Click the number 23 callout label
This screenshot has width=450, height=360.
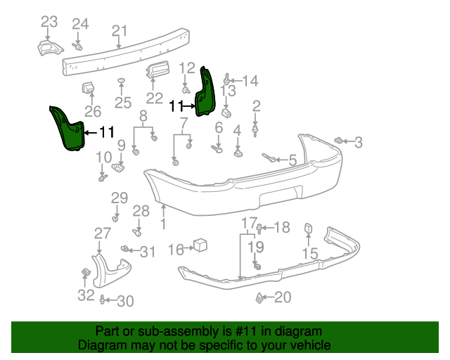point(49,22)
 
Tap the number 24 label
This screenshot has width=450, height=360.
point(80,25)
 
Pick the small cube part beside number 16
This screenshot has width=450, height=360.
point(200,245)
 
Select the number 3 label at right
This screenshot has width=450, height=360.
point(358,143)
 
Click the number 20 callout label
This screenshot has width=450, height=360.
point(282,298)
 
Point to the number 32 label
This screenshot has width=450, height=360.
point(85,295)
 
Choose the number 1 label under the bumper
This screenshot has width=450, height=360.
point(163,226)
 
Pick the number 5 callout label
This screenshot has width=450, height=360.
point(292,160)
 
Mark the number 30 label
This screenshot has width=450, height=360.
point(124,302)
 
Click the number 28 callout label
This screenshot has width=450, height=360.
point(141,210)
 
